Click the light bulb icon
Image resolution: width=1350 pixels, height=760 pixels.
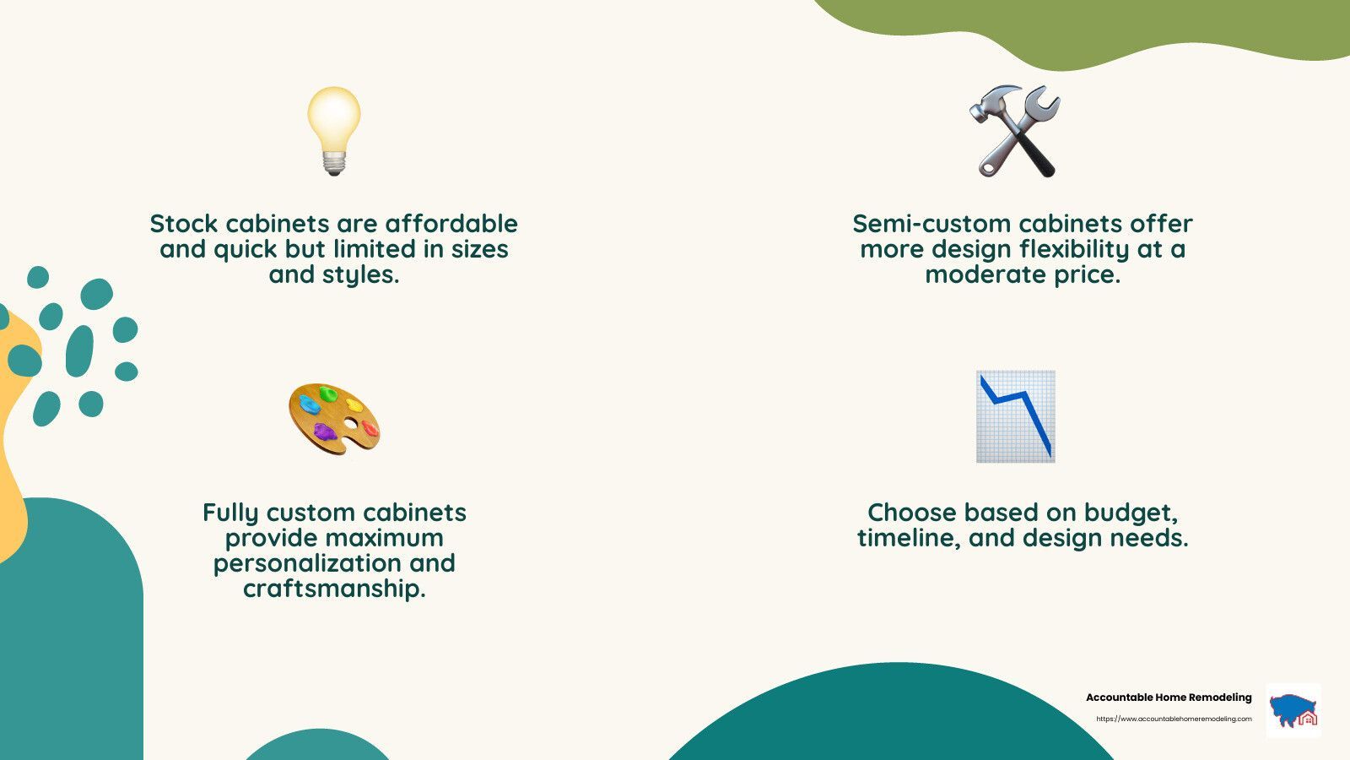click(x=334, y=131)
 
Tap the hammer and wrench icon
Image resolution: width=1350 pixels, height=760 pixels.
click(x=1015, y=131)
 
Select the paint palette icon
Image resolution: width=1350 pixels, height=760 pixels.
click(x=334, y=419)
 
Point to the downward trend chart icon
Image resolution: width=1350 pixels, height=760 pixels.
click(x=1016, y=417)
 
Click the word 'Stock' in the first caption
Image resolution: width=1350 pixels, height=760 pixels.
click(x=183, y=224)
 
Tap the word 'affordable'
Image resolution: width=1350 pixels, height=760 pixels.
click(x=451, y=224)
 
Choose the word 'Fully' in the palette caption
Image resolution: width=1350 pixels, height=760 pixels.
click(x=230, y=513)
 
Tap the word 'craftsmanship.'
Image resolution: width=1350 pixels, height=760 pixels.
click(x=334, y=589)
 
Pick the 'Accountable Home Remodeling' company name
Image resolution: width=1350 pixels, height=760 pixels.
click(x=1169, y=698)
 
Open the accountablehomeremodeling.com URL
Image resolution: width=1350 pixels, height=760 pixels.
click(x=1174, y=719)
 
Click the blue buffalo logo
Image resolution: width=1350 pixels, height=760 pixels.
click(x=1293, y=710)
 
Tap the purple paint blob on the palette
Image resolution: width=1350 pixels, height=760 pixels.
click(x=324, y=432)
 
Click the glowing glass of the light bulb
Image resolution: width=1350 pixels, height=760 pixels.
click(x=334, y=117)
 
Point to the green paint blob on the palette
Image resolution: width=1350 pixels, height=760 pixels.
click(x=328, y=394)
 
